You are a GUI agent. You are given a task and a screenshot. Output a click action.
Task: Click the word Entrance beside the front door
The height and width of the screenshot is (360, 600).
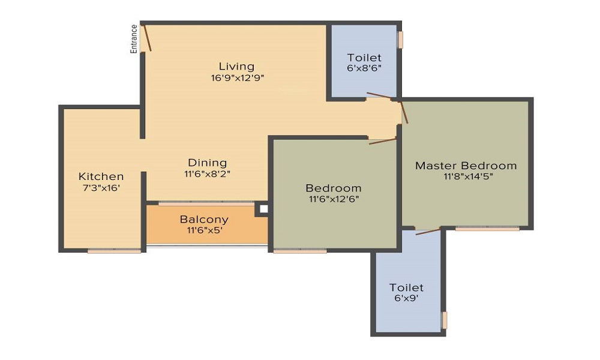[134, 38]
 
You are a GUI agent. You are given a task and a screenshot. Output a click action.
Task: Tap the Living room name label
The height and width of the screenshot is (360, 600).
[236, 67]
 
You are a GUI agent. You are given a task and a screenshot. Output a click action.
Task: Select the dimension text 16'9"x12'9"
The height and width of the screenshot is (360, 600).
[238, 78]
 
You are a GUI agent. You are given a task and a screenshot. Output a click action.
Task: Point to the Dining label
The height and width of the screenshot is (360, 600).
[208, 163]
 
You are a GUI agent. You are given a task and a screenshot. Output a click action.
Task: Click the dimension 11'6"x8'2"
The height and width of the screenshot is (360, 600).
[208, 174]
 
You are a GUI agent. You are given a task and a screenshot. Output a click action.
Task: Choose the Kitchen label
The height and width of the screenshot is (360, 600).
[101, 176]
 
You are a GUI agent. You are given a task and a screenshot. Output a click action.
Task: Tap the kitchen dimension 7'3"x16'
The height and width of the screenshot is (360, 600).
[102, 188]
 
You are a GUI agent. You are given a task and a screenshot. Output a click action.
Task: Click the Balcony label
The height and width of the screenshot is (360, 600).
[204, 219]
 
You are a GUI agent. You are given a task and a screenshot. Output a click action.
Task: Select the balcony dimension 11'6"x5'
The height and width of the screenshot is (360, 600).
[205, 230]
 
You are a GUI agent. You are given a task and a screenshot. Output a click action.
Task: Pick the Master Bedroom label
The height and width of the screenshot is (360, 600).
[466, 166]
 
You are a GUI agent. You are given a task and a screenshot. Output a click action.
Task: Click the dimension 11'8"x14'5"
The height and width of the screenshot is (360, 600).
[468, 176]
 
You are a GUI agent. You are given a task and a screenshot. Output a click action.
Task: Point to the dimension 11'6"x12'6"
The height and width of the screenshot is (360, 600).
[334, 199]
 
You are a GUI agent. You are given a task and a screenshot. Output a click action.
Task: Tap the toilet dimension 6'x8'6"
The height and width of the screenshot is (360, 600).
[364, 68]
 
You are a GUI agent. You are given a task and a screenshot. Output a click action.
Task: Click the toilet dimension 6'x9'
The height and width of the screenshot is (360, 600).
[406, 298]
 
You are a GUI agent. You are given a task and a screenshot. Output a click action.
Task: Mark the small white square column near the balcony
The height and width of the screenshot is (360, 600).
[263, 209]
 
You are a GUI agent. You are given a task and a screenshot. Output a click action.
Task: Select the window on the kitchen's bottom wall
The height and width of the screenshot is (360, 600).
[115, 251]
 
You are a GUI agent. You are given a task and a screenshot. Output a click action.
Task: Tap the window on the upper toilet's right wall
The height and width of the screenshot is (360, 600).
[400, 40]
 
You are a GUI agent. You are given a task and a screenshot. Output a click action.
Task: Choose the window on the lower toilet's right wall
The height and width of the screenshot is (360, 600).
[444, 320]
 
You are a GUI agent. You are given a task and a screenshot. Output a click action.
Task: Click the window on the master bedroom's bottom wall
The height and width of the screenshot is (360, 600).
[487, 229]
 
